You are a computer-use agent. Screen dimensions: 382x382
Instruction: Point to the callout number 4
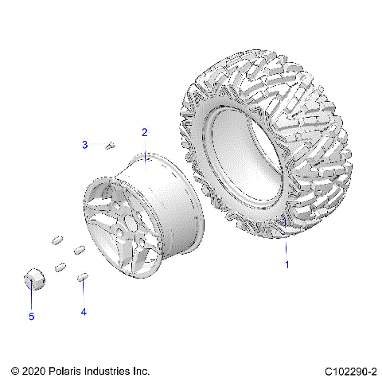coord(83,312)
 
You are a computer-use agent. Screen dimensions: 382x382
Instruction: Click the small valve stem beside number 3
coord(111,145)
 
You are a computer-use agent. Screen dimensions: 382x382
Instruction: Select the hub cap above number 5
coord(33,279)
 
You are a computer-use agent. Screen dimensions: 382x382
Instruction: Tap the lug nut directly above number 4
coord(82,277)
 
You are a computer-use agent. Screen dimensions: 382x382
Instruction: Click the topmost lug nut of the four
coord(57,240)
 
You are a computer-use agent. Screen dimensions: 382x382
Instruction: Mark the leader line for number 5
coord(32,298)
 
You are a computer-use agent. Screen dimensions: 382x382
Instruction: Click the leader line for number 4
coord(83,294)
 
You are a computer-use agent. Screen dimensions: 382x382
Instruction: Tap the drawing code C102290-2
coord(350,371)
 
